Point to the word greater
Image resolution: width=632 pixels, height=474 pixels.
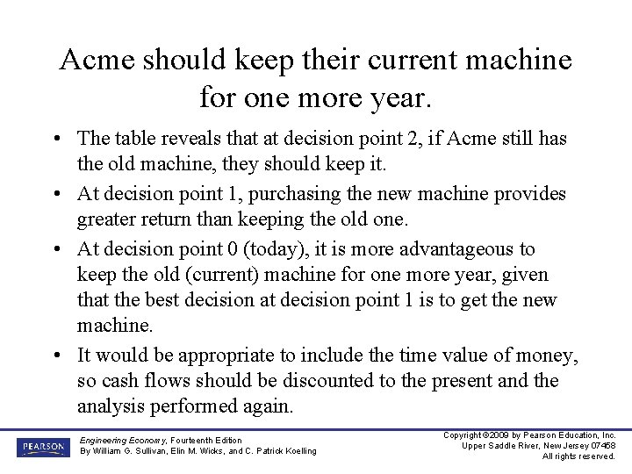point(109,218)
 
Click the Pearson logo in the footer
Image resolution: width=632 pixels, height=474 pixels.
point(41,447)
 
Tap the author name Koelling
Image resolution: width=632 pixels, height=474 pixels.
point(298,451)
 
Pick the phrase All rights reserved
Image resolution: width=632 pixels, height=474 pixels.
point(578,456)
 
